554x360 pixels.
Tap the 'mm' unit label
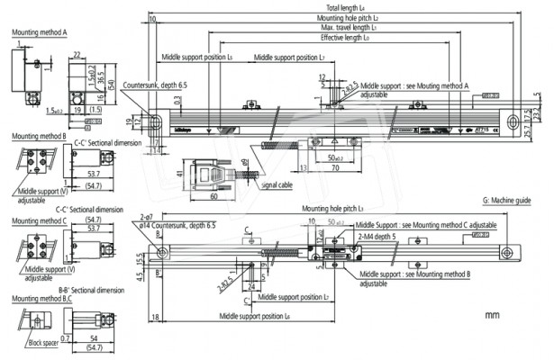(x=492, y=316)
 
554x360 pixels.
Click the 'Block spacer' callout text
(x=39, y=343)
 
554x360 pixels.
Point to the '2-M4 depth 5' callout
(x=379, y=236)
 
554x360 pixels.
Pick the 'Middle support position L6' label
(x=255, y=316)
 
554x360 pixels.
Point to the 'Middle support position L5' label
(x=195, y=58)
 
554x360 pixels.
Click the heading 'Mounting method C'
(x=40, y=220)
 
